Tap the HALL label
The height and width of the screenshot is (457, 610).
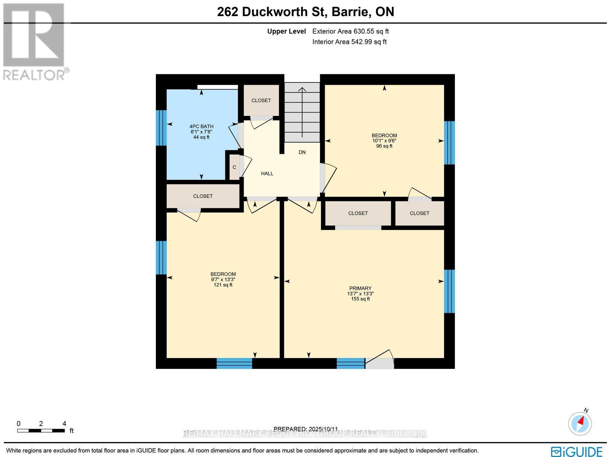point(267,174)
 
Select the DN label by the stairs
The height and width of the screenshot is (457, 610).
point(302,152)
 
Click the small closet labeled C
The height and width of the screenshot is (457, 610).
point(234,167)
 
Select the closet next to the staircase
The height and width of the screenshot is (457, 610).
point(261,100)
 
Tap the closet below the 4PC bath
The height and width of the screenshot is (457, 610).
point(203,196)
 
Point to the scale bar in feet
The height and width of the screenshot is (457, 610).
point(41,430)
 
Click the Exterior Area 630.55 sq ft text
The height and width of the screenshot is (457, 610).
point(350,32)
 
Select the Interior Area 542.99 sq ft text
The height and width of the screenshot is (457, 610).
point(349,42)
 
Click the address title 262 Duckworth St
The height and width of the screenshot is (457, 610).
point(305,12)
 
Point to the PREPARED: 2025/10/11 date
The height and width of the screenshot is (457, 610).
point(306,429)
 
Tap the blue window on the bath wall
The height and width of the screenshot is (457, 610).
point(161,128)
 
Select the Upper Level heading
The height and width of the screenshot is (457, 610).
point(286,32)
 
